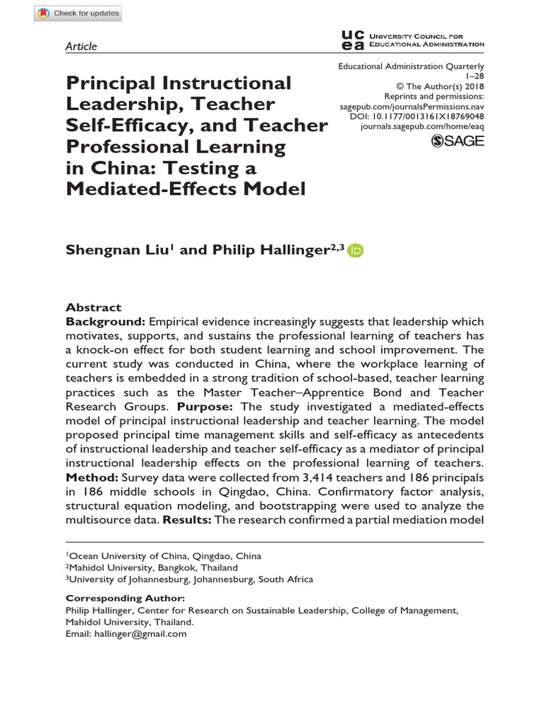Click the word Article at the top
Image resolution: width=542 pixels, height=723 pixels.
[x=81, y=47]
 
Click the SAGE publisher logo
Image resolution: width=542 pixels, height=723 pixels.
[x=457, y=141]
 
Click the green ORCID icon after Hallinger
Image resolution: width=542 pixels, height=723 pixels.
[x=356, y=251]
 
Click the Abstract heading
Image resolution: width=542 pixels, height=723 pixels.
[x=93, y=307]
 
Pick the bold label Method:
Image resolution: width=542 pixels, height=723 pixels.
[x=92, y=478]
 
